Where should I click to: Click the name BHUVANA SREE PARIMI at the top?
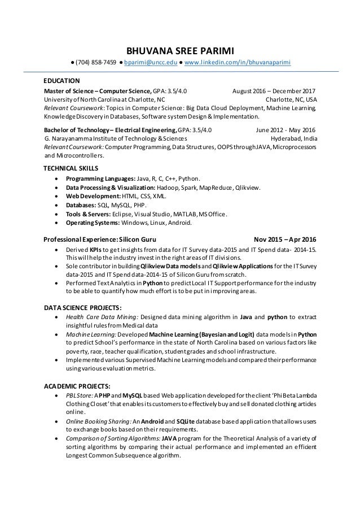click(x=180, y=49)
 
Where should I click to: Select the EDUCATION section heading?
click(x=62, y=80)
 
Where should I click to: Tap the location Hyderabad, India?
click(x=293, y=138)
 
